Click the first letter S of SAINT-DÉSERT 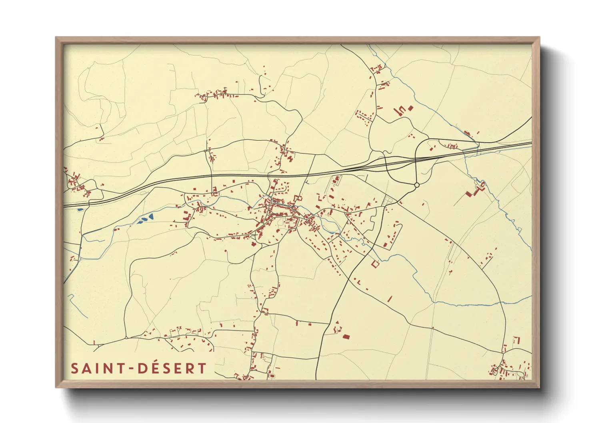click(x=74, y=368)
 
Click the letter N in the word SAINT click(x=107, y=368)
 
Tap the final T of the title click(x=202, y=368)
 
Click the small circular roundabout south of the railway click(x=416, y=185)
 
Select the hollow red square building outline click(x=375, y=264)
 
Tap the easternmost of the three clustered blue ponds click(x=151, y=217)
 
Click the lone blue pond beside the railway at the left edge click(x=80, y=209)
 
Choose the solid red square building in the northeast click(x=410, y=108)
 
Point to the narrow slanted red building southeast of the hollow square click(x=390, y=298)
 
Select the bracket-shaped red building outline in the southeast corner click(x=516, y=340)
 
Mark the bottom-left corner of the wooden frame click(x=56, y=387)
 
